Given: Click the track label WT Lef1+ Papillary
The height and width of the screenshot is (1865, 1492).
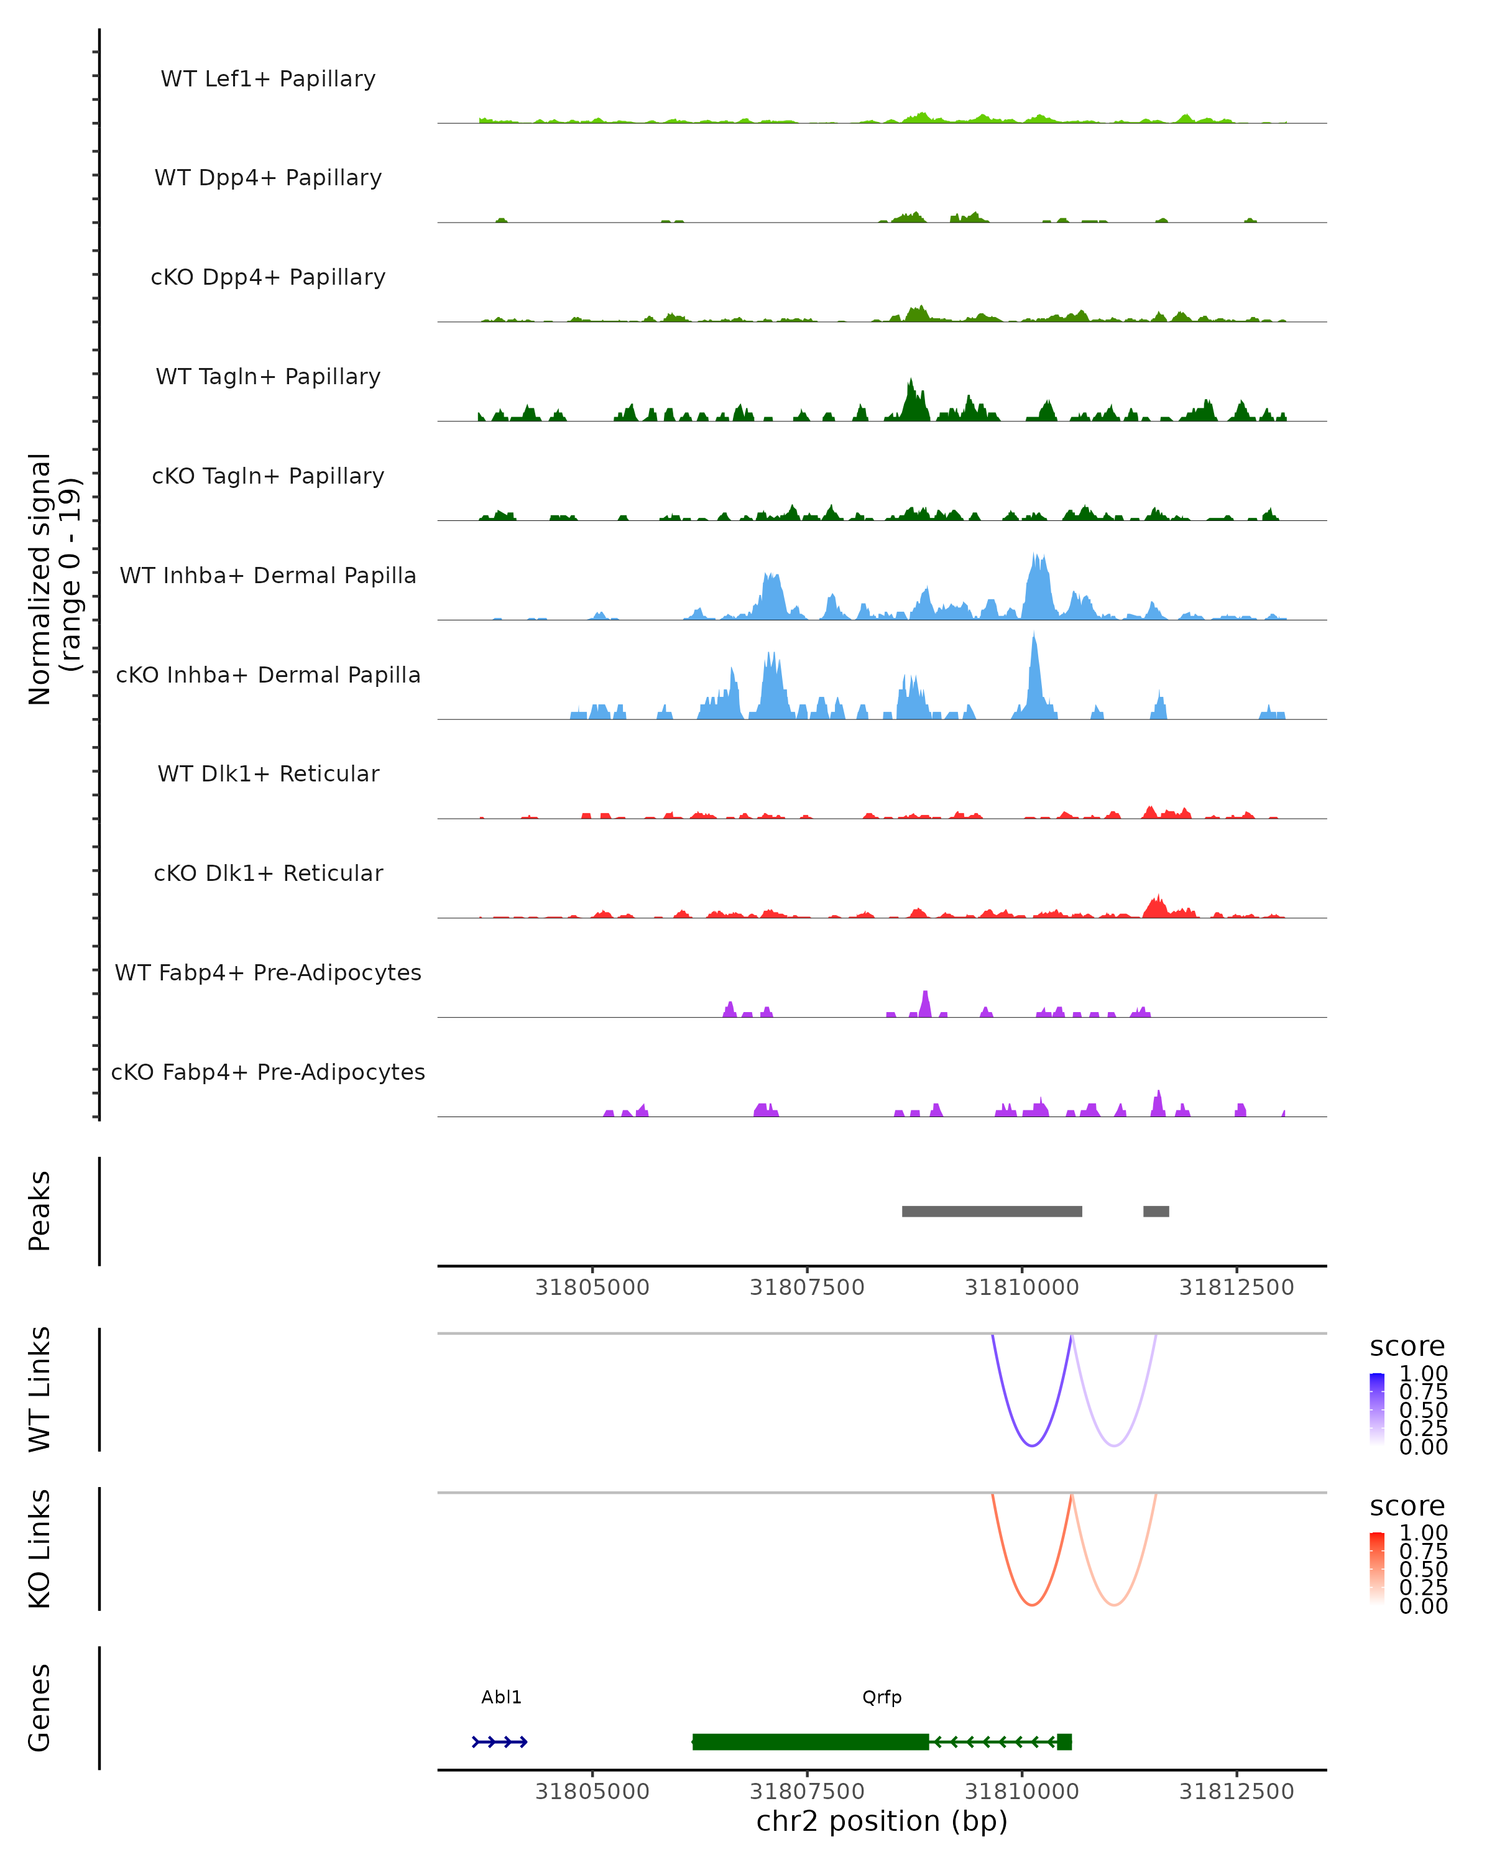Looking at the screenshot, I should click(x=268, y=79).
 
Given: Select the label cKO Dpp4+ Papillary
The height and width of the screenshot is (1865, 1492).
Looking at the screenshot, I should click(x=268, y=278).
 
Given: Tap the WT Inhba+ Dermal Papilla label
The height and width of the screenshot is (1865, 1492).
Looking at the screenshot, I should click(x=268, y=576).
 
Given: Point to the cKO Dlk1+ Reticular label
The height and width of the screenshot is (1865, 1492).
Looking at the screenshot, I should click(x=268, y=873).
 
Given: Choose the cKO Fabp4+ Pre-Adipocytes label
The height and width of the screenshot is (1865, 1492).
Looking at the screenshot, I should click(x=268, y=1072).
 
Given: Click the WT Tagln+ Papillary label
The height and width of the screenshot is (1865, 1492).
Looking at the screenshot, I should click(x=268, y=377).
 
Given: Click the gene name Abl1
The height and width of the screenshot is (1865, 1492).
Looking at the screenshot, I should click(x=502, y=1698).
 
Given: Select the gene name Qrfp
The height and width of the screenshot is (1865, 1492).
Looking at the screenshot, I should click(x=882, y=1698).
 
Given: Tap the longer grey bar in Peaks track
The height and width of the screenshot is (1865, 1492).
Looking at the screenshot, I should click(x=992, y=1212).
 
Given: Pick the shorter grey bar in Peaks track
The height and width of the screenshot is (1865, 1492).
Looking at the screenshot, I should click(x=1156, y=1212).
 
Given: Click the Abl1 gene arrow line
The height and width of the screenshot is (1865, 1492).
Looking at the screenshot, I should click(x=500, y=1742).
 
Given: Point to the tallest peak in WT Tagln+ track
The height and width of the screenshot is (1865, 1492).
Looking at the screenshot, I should click(x=910, y=385).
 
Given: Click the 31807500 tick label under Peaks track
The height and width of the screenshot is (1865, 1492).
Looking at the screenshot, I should click(x=807, y=1288).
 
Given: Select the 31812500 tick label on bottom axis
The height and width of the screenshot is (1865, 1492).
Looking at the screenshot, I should click(x=1237, y=1792).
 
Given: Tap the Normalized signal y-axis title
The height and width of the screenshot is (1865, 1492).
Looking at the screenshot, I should click(x=53, y=579).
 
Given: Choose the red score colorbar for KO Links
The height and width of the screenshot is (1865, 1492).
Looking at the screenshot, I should click(x=1377, y=1568).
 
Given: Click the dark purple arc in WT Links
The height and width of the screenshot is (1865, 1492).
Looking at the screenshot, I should click(x=1032, y=1445).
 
